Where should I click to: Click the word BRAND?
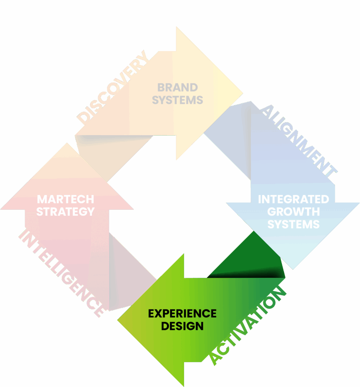click(177, 87)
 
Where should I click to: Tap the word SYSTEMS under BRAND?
click(178, 100)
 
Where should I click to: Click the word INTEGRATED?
click(293, 199)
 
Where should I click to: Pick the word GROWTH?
click(293, 211)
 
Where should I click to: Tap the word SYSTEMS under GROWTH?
click(293, 224)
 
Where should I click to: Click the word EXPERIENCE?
click(182, 313)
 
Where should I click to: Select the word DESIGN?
click(182, 326)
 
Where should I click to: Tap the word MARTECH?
click(65, 199)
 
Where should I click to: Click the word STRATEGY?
click(65, 211)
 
